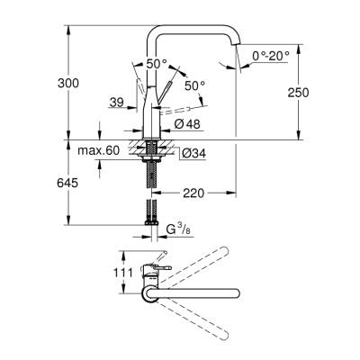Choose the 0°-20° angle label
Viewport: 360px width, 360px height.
tap(271, 56)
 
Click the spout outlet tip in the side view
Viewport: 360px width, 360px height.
tap(237, 66)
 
